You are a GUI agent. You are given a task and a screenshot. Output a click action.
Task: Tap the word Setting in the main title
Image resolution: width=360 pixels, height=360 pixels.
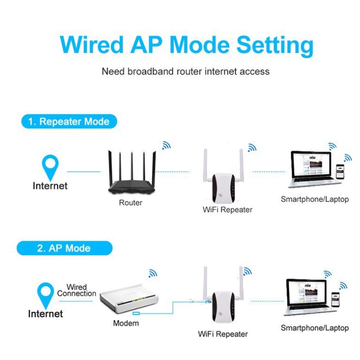click(x=275, y=46)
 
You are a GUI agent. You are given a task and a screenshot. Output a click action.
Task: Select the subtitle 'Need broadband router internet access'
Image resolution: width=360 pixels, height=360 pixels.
click(x=185, y=72)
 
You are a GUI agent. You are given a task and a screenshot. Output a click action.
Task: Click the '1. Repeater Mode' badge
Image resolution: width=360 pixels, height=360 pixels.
click(x=69, y=122)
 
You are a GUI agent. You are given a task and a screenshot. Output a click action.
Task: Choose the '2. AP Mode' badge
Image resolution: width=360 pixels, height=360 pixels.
click(x=64, y=248)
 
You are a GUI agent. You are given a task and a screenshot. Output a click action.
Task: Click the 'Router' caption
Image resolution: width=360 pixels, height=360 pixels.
click(x=131, y=202)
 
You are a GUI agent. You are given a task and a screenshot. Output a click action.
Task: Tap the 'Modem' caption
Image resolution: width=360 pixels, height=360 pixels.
click(x=126, y=323)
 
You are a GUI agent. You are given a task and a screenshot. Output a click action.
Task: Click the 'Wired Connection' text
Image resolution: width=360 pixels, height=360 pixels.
click(x=77, y=290)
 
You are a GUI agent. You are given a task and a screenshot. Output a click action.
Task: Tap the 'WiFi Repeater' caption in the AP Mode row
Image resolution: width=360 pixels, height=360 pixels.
click(x=222, y=334)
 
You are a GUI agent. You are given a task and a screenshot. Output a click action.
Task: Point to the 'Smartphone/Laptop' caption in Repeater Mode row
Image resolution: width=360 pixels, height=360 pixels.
click(x=315, y=199)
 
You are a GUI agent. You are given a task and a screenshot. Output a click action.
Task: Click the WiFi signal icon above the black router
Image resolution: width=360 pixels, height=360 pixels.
click(x=166, y=146)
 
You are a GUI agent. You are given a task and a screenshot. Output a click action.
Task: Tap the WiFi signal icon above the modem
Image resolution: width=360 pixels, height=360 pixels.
click(x=152, y=273)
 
